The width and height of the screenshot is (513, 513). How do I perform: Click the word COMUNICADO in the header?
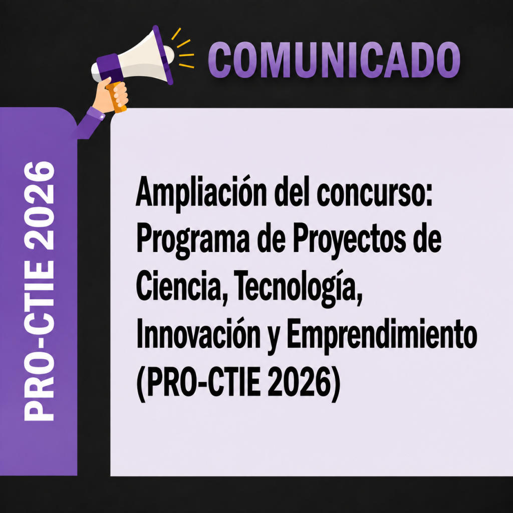point(334,60)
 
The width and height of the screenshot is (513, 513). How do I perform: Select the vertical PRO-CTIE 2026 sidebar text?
point(39,291)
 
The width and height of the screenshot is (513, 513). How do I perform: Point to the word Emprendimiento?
point(381,337)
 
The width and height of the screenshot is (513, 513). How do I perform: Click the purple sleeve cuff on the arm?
point(97,113)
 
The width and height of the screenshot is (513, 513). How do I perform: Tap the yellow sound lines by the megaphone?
point(183,49)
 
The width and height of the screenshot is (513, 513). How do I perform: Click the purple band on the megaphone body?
point(110,68)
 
